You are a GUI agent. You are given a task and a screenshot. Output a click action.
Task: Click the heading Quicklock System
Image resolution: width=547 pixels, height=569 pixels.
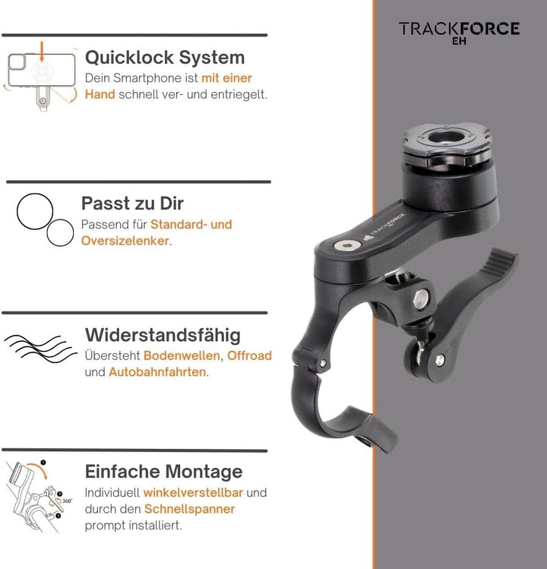point(164,57)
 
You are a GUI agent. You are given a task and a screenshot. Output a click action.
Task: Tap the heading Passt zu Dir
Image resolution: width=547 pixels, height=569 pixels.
point(132,203)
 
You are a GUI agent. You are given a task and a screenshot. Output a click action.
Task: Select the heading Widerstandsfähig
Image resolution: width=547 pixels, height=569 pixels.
point(163,334)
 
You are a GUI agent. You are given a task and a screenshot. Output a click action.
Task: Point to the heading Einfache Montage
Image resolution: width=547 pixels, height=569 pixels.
point(163,471)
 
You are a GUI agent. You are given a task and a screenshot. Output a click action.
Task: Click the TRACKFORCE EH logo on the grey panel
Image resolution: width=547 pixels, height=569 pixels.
point(459,31)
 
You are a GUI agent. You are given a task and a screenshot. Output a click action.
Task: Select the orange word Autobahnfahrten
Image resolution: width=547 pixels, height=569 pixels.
point(157,372)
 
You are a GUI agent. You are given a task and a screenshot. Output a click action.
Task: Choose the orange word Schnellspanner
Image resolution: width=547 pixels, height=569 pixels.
point(191,509)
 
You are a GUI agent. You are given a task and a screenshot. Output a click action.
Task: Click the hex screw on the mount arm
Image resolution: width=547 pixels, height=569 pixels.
point(348,247)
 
